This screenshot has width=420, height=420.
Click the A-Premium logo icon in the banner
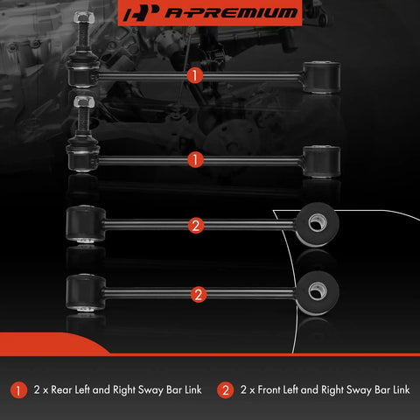click(x=142, y=13)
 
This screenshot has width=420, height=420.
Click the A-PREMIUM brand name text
click(x=231, y=13)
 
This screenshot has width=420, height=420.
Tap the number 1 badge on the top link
click(x=194, y=75)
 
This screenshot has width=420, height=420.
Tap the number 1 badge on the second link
click(x=195, y=159)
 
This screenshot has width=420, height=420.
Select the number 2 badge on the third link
click(x=196, y=226)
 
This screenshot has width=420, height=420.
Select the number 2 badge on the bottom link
click(x=199, y=295)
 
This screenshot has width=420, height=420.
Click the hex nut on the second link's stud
click(x=84, y=101)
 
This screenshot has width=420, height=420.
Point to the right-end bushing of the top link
click(x=321, y=77)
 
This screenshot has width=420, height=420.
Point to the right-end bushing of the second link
click(x=321, y=161)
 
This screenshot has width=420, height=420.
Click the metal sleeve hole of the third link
click(x=317, y=223)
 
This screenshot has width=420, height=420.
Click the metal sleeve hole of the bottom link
click(x=317, y=291)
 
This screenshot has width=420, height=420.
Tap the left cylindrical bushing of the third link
click(x=86, y=224)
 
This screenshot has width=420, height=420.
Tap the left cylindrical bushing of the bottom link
click(x=86, y=292)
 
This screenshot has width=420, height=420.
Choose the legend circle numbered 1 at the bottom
click(x=18, y=390)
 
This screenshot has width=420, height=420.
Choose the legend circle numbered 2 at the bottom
click(x=225, y=390)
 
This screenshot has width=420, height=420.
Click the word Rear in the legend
click(x=61, y=390)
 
